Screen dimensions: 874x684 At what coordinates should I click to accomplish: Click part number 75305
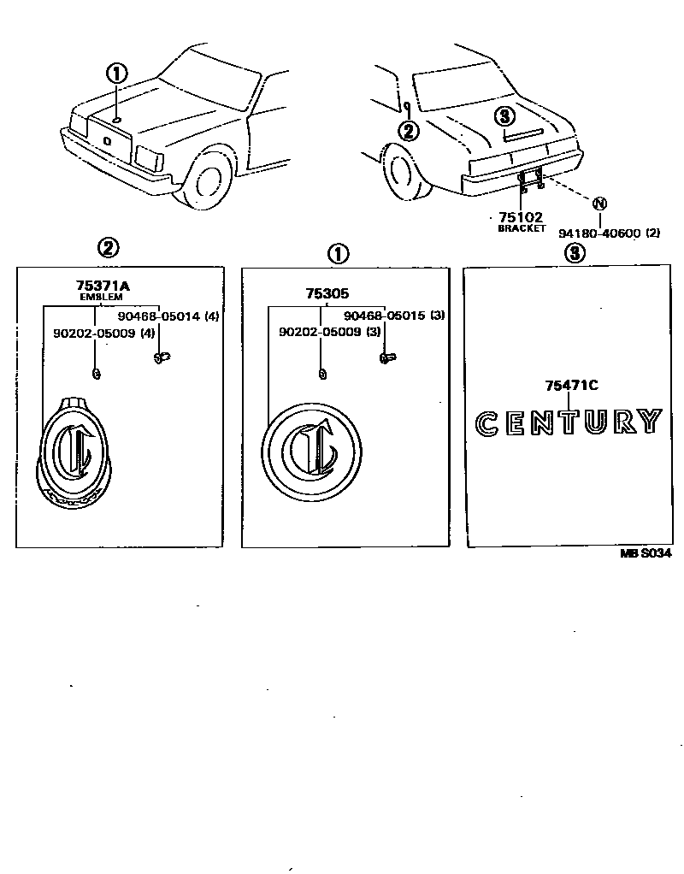tap(326, 292)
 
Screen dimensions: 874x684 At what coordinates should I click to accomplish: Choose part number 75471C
tap(570, 386)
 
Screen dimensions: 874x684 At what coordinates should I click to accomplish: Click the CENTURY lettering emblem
tap(569, 422)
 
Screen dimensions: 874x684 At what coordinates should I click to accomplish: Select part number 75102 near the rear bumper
tap(521, 218)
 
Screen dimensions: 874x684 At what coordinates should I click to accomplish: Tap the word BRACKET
tap(521, 229)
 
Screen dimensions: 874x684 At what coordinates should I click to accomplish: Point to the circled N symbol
tap(599, 203)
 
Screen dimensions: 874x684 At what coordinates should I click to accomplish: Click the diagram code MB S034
tap(646, 553)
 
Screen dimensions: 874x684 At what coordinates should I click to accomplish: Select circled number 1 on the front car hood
tap(116, 74)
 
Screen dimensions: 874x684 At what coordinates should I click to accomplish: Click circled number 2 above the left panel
tap(108, 249)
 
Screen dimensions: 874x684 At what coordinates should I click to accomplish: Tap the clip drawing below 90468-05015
tap(386, 358)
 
